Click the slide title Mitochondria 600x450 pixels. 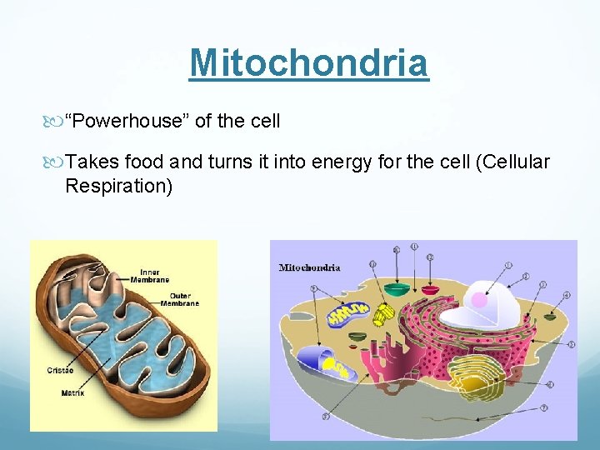pyautogui.click(x=308, y=62)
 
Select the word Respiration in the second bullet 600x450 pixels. pyautogui.click(x=118, y=185)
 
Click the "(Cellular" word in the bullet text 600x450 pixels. pyautogui.click(x=512, y=162)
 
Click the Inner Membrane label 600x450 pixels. pyautogui.click(x=150, y=276)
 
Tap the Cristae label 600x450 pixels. pyautogui.click(x=59, y=370)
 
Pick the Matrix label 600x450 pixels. pyautogui.click(x=72, y=392)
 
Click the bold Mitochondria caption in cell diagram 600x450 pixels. pyautogui.click(x=309, y=267)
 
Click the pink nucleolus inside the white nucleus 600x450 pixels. pyautogui.click(x=478, y=301)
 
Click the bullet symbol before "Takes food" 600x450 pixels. pyautogui.click(x=57, y=162)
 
